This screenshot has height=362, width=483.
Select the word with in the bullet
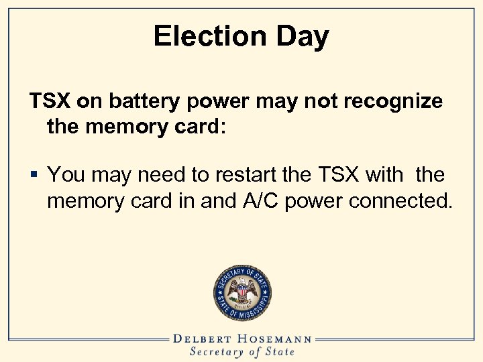[x=384, y=176]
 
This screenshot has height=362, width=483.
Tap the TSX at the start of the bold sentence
[x=49, y=101]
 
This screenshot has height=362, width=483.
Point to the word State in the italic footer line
[x=279, y=351]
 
